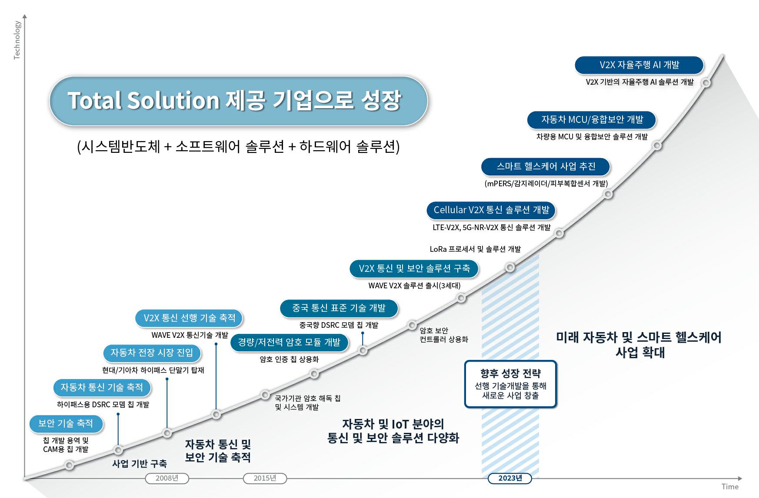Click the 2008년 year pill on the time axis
[167, 478]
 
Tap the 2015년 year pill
[265, 478]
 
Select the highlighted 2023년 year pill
[510, 478]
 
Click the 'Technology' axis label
[17, 40]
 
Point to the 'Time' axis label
[730, 487]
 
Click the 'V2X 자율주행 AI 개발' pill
[639, 65]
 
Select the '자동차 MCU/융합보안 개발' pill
[592, 120]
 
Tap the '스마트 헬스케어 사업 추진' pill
[546, 167]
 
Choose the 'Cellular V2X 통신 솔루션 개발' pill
[491, 210]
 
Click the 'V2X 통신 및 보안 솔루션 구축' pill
[414, 269]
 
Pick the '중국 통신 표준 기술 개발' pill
[339, 308]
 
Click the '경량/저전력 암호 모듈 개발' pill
[289, 343]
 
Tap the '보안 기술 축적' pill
[66, 424]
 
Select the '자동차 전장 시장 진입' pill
[152, 353]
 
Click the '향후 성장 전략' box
[510, 384]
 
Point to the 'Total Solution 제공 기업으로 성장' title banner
[238, 101]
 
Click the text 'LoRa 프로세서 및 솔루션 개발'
[475, 249]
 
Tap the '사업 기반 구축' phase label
[139, 464]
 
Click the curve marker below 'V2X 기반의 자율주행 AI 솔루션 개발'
[706, 82]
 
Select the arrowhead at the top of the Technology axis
[25, 16]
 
